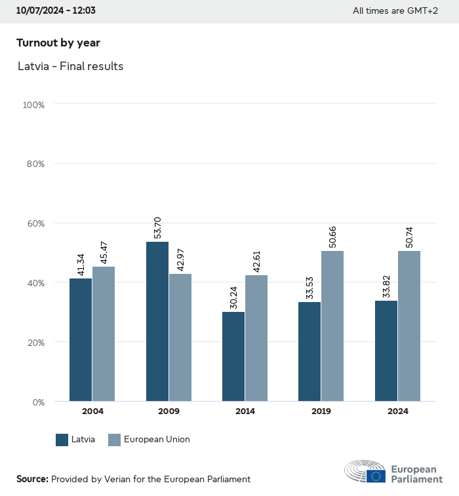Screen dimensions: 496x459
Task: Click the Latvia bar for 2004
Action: pyautogui.click(x=81, y=339)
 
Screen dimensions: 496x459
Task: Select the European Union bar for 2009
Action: pyautogui.click(x=180, y=337)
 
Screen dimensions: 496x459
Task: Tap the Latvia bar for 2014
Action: pyautogui.click(x=233, y=356)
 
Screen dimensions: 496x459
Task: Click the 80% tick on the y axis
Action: pyautogui.click(x=35, y=164)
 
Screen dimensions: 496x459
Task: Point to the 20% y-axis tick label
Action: pyautogui.click(x=35, y=342)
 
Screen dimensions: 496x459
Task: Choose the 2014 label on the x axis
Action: pyautogui.click(x=245, y=411)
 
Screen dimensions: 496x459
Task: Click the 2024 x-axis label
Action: pyautogui.click(x=398, y=411)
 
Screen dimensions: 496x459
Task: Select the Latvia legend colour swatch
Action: pyautogui.click(x=62, y=440)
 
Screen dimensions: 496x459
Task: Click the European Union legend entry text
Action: pyautogui.click(x=157, y=440)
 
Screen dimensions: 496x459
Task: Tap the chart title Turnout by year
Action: pyautogui.click(x=58, y=43)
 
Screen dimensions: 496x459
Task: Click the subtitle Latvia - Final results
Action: pyautogui.click(x=71, y=66)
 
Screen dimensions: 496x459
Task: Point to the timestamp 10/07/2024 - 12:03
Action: pyautogui.click(x=56, y=10)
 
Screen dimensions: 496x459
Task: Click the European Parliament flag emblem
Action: pyautogui.click(x=376, y=476)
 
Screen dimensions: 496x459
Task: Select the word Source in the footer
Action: pyautogui.click(x=32, y=479)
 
